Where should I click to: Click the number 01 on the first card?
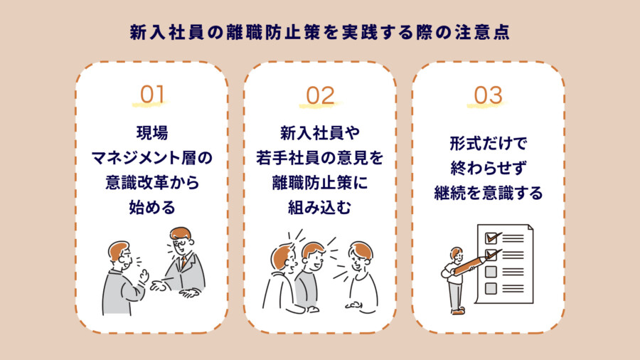click(x=152, y=95)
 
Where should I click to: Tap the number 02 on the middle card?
click(x=320, y=95)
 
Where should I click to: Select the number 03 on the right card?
click(x=488, y=95)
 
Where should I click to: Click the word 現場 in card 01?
click(x=152, y=133)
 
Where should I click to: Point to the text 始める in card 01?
click(x=152, y=207)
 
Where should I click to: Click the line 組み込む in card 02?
click(x=320, y=208)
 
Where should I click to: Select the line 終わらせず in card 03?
click(x=488, y=168)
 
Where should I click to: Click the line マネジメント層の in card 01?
click(x=152, y=158)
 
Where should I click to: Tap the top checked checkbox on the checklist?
click(x=491, y=238)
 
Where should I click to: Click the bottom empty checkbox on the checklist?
click(x=491, y=288)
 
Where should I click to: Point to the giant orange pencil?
click(x=471, y=265)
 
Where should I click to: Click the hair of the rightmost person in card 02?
click(x=361, y=249)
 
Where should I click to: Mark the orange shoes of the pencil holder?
click(x=458, y=311)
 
